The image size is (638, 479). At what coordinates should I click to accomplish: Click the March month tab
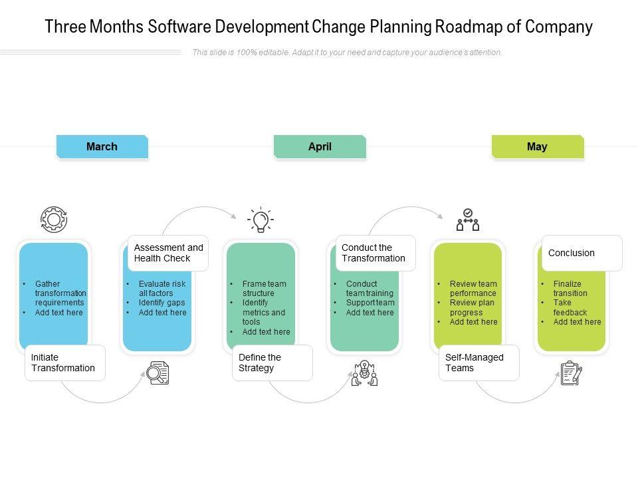(102, 146)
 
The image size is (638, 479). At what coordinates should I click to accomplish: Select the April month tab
(320, 146)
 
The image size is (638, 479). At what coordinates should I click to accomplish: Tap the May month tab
(537, 146)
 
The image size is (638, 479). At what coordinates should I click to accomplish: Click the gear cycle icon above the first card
(54, 219)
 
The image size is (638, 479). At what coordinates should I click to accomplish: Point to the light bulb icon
(261, 220)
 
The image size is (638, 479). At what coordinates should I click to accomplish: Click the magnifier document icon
(158, 373)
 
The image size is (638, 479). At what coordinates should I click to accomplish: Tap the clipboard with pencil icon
(571, 373)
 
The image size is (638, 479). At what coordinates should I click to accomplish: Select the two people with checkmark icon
(468, 220)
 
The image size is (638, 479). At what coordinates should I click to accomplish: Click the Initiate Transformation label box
(64, 363)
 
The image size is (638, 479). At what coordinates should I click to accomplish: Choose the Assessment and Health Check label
(168, 253)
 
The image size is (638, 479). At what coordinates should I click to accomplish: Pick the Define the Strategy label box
(272, 363)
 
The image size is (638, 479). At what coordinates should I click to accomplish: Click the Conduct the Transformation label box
(375, 253)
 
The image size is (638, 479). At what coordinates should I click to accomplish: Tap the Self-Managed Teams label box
(478, 363)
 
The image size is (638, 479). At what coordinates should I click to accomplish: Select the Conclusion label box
(582, 253)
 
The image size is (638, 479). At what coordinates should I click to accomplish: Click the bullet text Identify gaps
(161, 303)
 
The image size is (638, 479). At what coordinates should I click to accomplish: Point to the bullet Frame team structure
(264, 288)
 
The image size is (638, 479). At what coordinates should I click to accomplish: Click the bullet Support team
(370, 303)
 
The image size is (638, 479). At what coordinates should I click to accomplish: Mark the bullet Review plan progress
(472, 307)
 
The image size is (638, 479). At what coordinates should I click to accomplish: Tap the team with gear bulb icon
(364, 373)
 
